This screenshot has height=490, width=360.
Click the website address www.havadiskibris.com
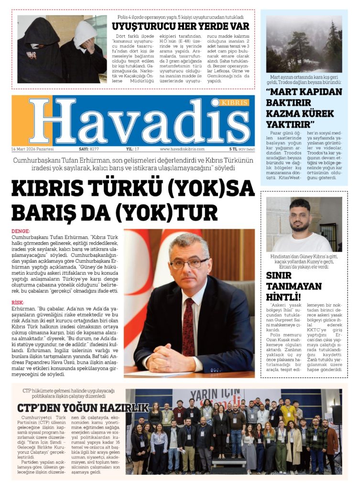[x=182, y=149]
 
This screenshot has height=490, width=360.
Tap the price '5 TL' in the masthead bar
[x=233, y=149]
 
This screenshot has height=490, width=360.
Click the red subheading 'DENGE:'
[x=21, y=231]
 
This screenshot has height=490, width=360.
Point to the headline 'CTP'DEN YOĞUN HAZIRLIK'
[x=83, y=408]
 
